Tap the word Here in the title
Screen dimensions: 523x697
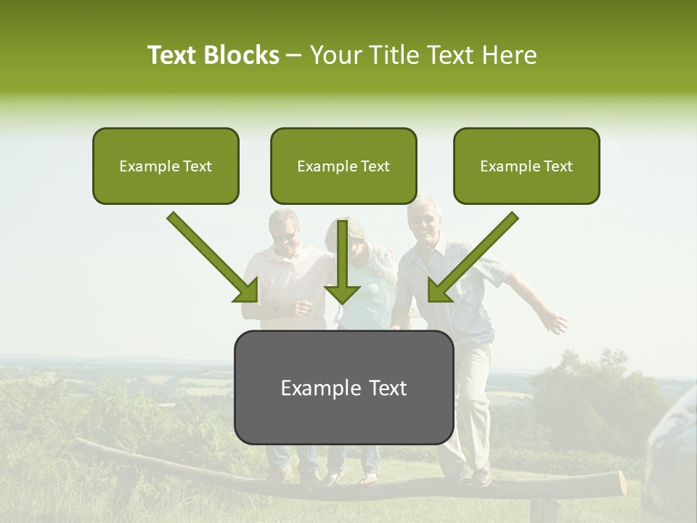pos(508,55)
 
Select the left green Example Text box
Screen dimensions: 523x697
pos(166,166)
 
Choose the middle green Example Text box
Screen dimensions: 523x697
pos(343,166)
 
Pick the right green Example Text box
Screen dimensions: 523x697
pos(526,166)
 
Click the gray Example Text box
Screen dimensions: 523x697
pos(343,387)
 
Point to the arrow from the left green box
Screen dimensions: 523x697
pos(213,257)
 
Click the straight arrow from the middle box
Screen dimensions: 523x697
pos(343,261)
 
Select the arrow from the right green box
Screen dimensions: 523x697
pos(472,257)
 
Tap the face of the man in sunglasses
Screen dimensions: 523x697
pos(285,232)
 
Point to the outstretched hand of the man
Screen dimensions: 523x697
pos(557,320)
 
